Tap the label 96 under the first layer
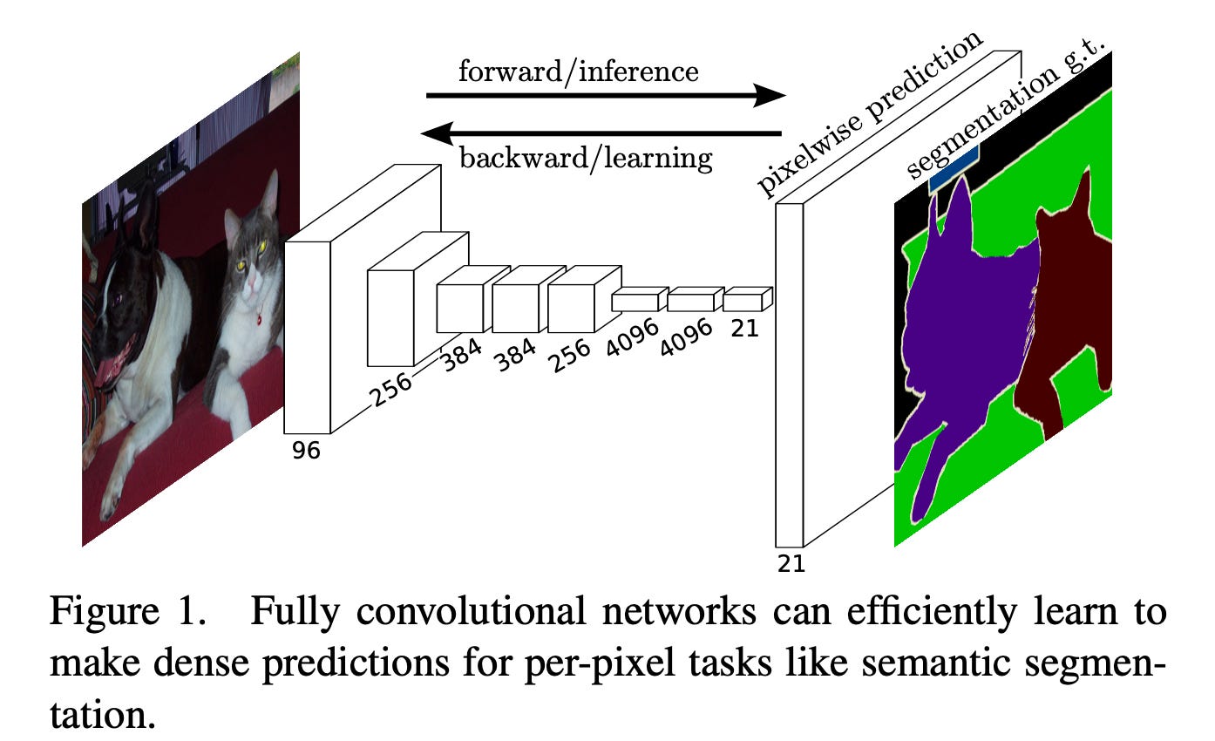[307, 450]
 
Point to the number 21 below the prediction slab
[791, 563]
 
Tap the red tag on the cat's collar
[259, 318]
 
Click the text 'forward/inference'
[578, 71]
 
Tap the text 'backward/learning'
[586, 159]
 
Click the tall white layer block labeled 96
[308, 336]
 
